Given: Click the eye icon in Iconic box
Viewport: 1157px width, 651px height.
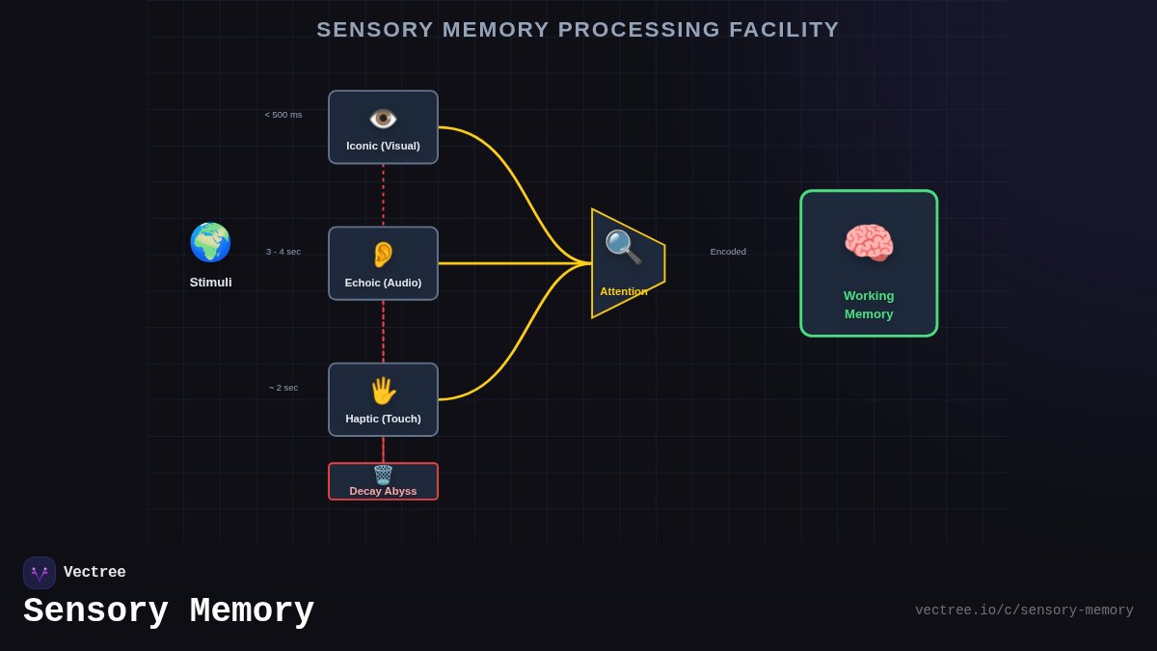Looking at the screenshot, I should [x=383, y=119].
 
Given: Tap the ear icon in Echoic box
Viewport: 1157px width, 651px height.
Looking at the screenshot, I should [x=383, y=255].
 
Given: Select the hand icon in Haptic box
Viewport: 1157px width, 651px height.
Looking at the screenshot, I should [x=383, y=391].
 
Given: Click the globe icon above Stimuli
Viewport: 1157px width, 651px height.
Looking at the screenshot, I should [x=210, y=242].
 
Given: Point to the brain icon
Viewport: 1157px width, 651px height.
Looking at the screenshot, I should [x=869, y=243].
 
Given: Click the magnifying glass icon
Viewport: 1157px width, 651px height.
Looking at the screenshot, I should [x=623, y=248].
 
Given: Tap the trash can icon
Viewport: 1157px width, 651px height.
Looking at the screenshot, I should [x=383, y=475].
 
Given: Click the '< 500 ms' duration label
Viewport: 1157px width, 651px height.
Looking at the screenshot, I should [x=283, y=115].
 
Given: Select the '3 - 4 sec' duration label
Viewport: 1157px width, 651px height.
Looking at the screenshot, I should [x=283, y=252].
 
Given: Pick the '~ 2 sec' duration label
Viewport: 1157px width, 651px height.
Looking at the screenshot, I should [x=283, y=388].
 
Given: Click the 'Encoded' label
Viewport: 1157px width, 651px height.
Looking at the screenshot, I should [x=728, y=252].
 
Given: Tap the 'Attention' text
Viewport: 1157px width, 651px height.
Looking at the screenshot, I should [x=624, y=291].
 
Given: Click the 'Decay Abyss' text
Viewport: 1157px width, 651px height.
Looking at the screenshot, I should [x=383, y=491].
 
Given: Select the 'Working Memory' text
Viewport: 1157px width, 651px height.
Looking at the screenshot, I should [x=869, y=305].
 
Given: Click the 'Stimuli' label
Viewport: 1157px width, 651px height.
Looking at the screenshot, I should [x=210, y=283].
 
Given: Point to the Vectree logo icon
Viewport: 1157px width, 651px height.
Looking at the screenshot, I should [x=40, y=573].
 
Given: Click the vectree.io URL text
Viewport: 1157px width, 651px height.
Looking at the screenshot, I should [x=1024, y=610].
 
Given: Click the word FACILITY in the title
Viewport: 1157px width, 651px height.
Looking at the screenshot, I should [x=784, y=30].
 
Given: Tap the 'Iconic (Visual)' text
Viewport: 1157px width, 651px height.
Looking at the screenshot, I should [x=383, y=146].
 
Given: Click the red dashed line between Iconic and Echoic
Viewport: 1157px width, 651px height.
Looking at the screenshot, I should [x=383, y=195].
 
